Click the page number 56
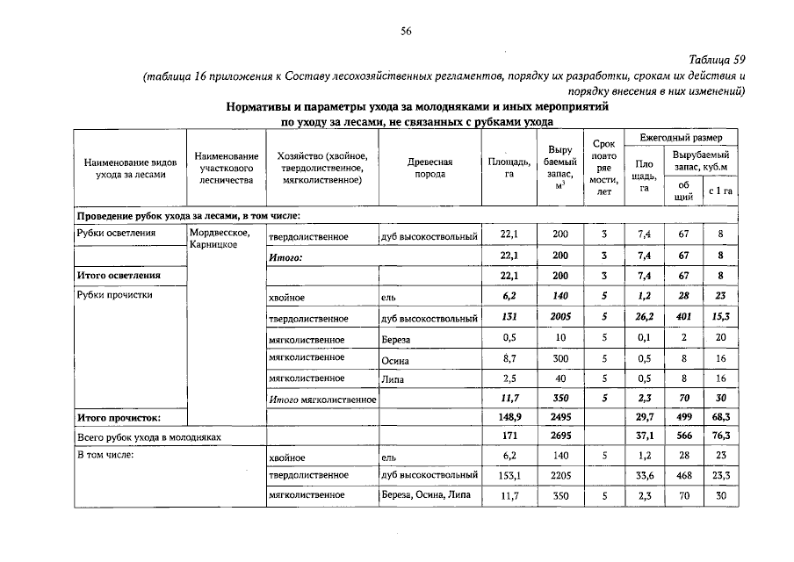[x=406, y=31]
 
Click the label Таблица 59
[x=718, y=60]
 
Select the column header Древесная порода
[x=429, y=168]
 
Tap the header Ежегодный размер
[x=681, y=139]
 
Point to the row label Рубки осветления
[x=116, y=233]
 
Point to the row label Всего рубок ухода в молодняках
[x=147, y=436]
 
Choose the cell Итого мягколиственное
[x=321, y=399]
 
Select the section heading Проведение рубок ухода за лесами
[x=188, y=215]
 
